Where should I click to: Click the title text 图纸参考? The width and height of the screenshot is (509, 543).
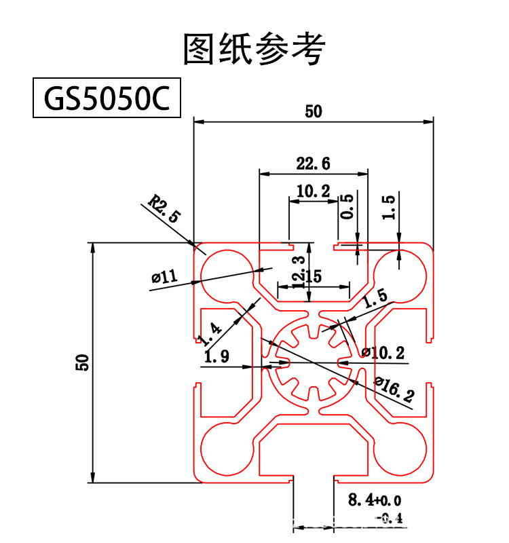pyautogui.click(x=254, y=49)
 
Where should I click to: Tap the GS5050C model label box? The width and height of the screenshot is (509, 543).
pyautogui.click(x=107, y=99)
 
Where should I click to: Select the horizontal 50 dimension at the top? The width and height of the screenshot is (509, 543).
pyautogui.click(x=313, y=112)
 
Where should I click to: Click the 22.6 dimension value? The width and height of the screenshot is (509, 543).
pyautogui.click(x=313, y=164)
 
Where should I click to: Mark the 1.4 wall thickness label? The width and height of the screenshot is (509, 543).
pyautogui.click(x=210, y=333)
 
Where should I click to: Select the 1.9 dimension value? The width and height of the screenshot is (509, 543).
pyautogui.click(x=216, y=355)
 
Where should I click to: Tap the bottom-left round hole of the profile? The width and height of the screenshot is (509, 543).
pyautogui.click(x=224, y=451)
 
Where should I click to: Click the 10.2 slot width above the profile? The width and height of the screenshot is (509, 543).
pyautogui.click(x=313, y=191)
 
